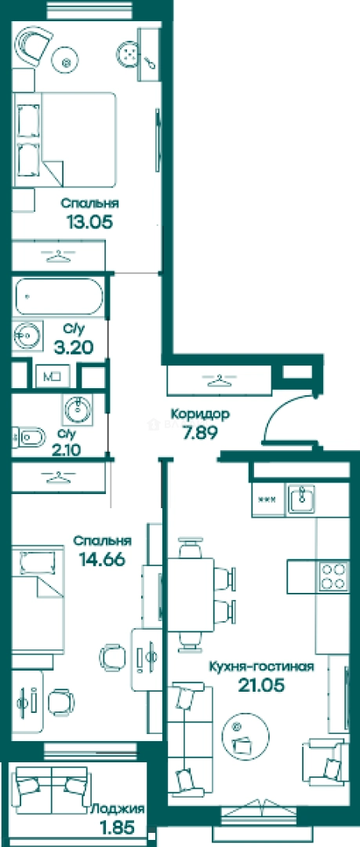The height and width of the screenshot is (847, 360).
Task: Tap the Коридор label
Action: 200,414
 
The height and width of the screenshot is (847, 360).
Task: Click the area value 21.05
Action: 262,685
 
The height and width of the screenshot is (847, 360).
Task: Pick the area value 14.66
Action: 102,558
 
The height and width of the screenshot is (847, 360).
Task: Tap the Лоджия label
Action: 118,809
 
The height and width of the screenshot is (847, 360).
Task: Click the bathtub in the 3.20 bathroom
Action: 58,296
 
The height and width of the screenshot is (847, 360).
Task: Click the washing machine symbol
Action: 53,376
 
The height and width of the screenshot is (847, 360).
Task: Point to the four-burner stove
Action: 332,576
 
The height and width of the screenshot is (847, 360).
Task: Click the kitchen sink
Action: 301,499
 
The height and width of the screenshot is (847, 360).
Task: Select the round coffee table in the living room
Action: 246,734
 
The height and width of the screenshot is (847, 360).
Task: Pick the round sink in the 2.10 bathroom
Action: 78,409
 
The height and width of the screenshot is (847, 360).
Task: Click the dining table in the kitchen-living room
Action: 191,594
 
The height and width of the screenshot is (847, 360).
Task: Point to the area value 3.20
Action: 73,347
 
